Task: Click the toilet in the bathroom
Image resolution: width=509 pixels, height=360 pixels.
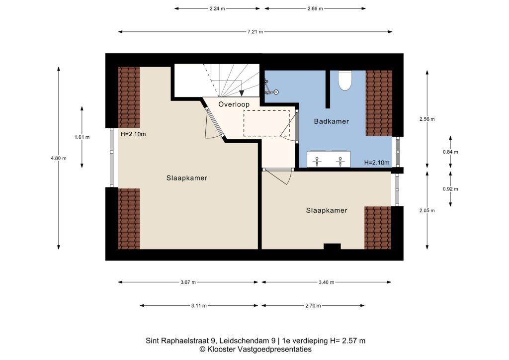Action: point(345,80)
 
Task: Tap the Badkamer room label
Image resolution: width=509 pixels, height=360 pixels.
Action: point(332,121)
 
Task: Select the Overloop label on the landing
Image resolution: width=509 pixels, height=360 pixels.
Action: point(234,104)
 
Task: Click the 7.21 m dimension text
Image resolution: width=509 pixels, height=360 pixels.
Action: point(255,32)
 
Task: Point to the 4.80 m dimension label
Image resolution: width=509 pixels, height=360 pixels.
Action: point(59,159)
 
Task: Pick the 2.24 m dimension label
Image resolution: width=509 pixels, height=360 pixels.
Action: point(217,9)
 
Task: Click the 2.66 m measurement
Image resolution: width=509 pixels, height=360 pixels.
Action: point(315,9)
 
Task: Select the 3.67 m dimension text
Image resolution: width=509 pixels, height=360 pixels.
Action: point(188,282)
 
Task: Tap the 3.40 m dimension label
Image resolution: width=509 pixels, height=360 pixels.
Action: point(326,282)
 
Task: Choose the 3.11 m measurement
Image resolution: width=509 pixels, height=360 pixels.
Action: point(199,306)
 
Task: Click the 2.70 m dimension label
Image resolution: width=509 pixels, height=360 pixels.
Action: point(313,306)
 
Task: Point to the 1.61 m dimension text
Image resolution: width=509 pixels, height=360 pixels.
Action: point(82,137)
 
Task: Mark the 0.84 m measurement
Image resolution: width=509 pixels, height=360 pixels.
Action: point(450,152)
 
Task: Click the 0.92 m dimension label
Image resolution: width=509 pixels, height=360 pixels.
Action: point(450,189)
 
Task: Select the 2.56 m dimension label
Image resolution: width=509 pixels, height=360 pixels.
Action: point(427,119)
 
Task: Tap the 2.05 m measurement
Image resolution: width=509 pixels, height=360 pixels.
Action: point(427,211)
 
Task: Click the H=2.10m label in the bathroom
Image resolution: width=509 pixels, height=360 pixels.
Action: point(377,163)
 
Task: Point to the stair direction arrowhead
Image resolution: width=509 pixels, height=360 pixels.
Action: point(242,93)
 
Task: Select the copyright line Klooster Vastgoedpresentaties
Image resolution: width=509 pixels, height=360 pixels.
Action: point(255,350)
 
